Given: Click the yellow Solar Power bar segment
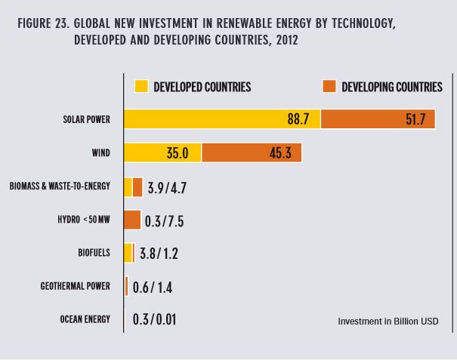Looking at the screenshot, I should click(x=221, y=119).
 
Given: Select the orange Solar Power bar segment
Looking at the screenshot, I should click(x=378, y=119).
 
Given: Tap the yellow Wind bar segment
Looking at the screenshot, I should click(x=162, y=152).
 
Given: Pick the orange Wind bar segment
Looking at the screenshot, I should click(x=252, y=152).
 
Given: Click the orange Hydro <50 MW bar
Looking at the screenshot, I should click(x=132, y=220).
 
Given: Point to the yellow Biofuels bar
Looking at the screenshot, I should click(x=128, y=253).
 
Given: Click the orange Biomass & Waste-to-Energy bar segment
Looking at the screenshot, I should click(x=137, y=186).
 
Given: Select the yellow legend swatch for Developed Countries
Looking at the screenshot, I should click(x=141, y=87).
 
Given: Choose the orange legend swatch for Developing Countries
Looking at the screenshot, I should click(x=329, y=87).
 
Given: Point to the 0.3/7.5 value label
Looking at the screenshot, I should click(x=165, y=220).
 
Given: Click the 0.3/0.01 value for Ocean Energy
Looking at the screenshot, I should click(x=155, y=319).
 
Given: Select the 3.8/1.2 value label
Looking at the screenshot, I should click(x=159, y=254).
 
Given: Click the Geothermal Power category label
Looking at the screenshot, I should click(x=75, y=286).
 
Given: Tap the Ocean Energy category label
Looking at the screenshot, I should click(x=85, y=319).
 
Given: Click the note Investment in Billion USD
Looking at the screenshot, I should click(x=388, y=322).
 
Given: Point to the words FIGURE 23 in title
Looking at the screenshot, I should click(x=41, y=24).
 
